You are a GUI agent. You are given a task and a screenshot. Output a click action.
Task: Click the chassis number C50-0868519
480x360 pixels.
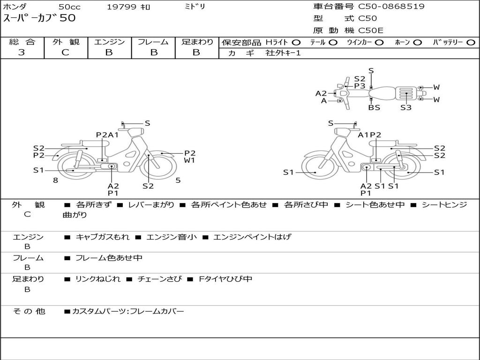pyautogui.click(x=391, y=7)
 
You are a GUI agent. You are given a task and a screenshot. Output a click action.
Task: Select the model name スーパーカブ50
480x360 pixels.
pyautogui.click(x=39, y=19)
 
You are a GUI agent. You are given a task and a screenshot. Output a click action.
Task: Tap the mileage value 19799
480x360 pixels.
pyautogui.click(x=121, y=7)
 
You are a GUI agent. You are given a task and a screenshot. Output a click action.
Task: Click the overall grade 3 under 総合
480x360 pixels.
pyautogui.click(x=22, y=52)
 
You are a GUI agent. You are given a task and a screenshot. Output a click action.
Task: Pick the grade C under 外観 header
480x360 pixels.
pyautogui.click(x=66, y=52)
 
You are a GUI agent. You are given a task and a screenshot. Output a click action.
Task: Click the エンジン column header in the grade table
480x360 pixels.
pyautogui.click(x=109, y=42)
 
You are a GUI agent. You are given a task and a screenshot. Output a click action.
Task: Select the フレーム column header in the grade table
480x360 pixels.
pyautogui.click(x=153, y=42)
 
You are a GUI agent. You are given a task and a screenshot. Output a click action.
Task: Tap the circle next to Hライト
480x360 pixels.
pyautogui.click(x=296, y=43)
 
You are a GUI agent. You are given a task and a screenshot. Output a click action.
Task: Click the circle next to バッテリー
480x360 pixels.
pyautogui.click(x=471, y=43)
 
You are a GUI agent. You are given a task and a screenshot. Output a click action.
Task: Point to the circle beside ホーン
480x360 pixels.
pyautogui.click(x=417, y=43)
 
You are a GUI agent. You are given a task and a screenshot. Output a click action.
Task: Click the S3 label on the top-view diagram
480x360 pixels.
pyautogui.click(x=406, y=107)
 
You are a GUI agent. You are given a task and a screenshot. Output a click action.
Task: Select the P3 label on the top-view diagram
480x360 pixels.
pyautogui.click(x=360, y=86)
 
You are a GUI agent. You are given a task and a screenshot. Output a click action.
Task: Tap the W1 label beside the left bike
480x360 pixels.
pyautogui.click(x=189, y=160)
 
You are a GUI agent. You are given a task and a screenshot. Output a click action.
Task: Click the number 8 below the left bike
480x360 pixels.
pyautogui.click(x=55, y=180)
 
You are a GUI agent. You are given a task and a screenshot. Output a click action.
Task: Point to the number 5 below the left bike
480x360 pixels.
pyautogui.click(x=178, y=180)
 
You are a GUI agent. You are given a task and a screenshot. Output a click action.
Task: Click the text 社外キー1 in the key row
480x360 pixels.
pyautogui.click(x=283, y=53)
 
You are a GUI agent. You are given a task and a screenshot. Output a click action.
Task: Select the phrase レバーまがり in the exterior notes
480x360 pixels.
pyautogui.click(x=150, y=205)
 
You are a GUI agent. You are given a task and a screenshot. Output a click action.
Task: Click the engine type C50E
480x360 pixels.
pyautogui.click(x=371, y=30)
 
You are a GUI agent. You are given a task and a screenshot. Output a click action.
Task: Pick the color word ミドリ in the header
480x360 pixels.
pyautogui.click(x=195, y=7)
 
